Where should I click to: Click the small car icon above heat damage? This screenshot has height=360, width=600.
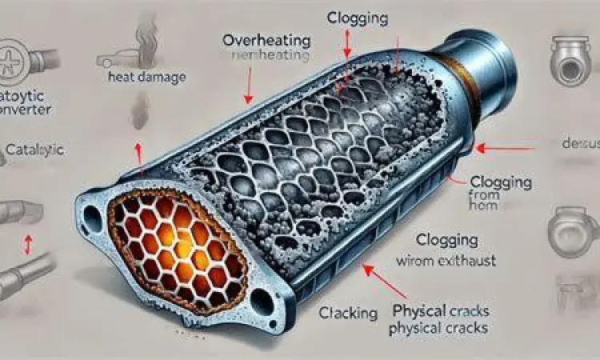coord(112,58)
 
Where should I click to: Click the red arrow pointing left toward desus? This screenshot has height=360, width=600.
coord(504,147)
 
